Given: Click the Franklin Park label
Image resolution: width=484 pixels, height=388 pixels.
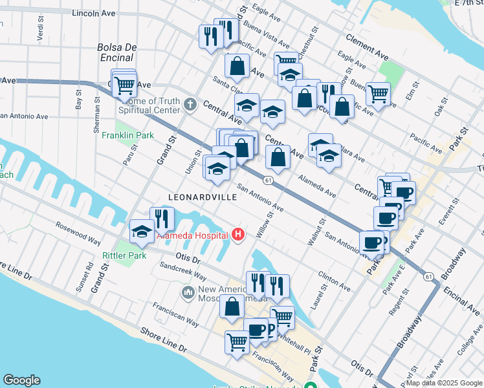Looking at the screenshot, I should coord(127,135).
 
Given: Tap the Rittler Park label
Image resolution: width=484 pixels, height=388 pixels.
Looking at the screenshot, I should coord(124,255).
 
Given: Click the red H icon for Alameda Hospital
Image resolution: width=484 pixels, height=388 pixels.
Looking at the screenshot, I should coord(238,234).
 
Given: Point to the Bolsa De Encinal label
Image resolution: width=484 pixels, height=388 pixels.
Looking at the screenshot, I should coord(117,52).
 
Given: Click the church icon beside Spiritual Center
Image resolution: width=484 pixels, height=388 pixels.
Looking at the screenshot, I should coord(190,104).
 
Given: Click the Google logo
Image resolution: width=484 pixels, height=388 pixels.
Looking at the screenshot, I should coord(21,380).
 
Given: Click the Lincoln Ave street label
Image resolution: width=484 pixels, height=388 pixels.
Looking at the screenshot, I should coord(94,13).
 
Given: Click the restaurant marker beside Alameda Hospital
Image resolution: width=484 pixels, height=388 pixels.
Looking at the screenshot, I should coord(162,219).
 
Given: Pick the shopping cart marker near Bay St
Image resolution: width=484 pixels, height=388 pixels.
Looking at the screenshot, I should coord(124,84).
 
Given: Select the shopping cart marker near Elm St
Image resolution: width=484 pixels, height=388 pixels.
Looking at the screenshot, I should coord(378,94).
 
